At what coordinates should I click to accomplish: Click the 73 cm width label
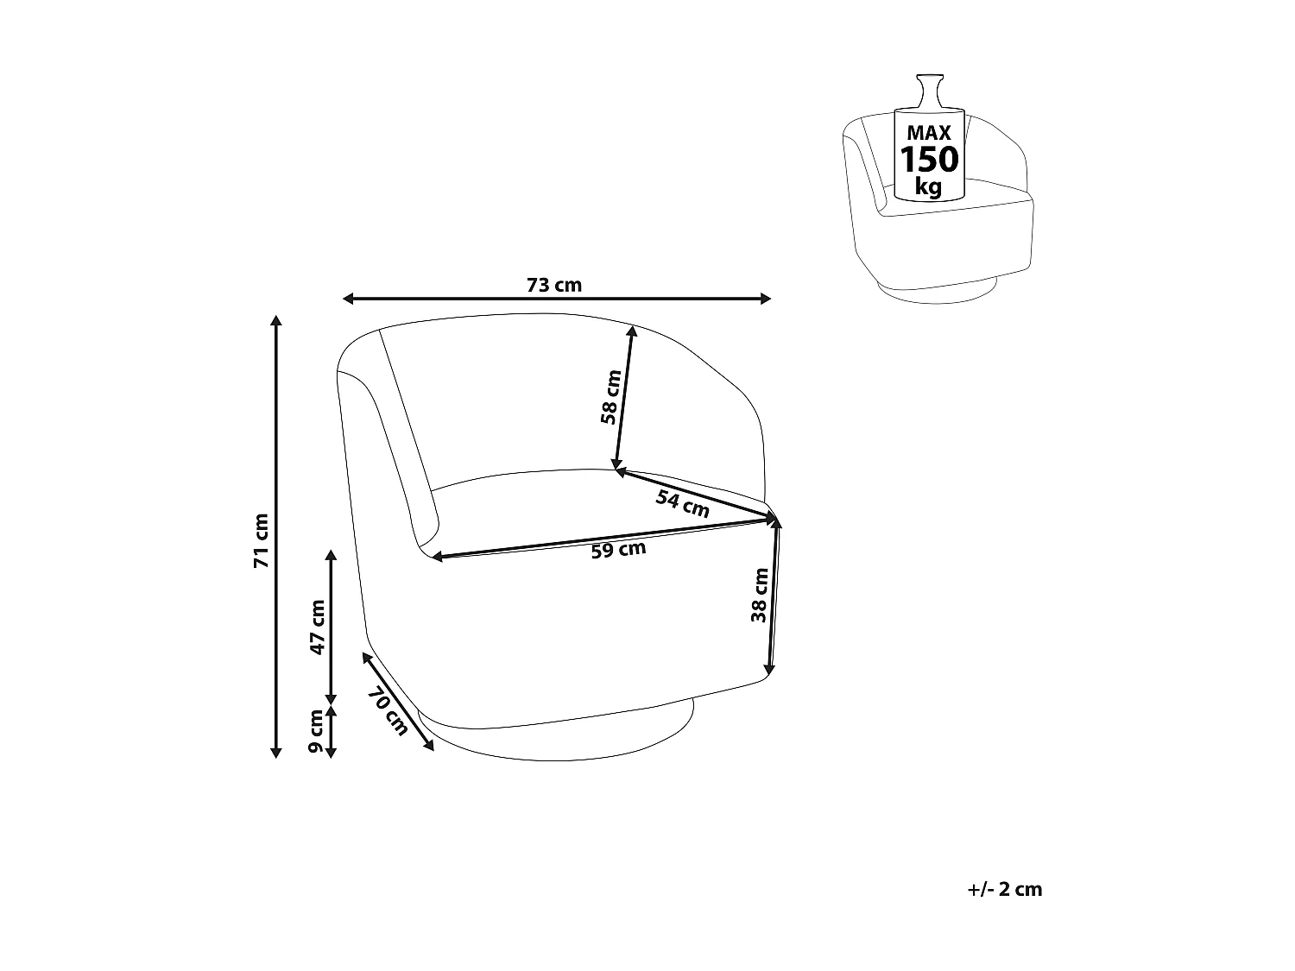click(554, 285)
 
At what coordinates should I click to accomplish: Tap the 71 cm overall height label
click(261, 540)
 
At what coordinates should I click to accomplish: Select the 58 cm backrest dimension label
click(610, 397)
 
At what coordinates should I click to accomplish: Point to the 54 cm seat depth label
click(682, 503)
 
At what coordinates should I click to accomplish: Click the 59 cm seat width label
click(618, 551)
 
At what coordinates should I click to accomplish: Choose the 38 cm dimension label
click(759, 596)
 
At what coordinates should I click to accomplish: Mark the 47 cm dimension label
click(317, 627)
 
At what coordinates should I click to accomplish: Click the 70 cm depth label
click(387, 712)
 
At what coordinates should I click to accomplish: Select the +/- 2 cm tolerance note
click(1005, 890)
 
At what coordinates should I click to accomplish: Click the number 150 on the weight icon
click(929, 161)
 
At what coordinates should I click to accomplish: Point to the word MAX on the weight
click(929, 133)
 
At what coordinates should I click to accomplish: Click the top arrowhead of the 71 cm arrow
click(276, 321)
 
